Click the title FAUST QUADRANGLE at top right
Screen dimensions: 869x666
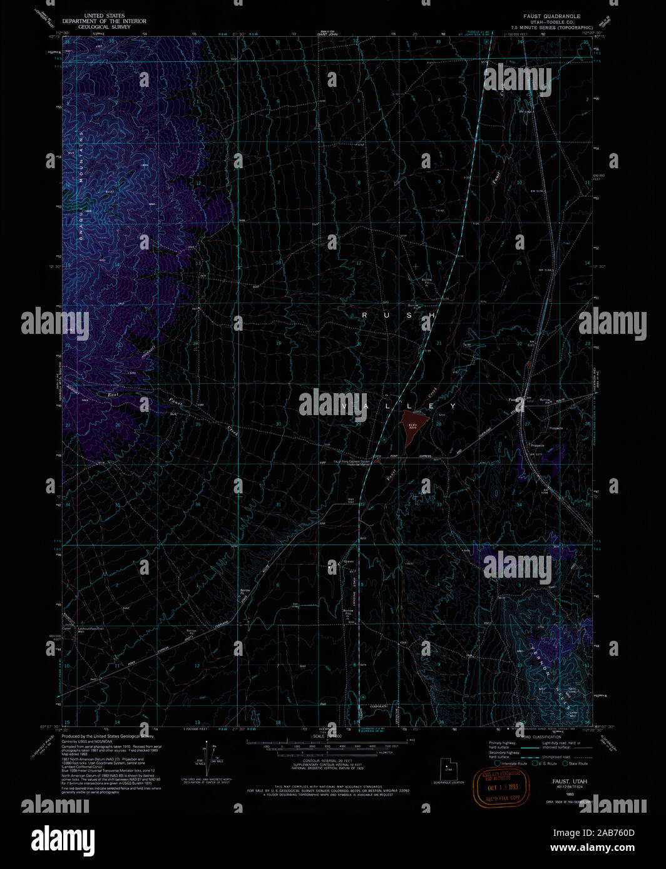tap(551, 16)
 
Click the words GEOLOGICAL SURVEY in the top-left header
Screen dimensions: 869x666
tap(104, 27)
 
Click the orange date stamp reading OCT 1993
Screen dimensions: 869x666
tap(501, 786)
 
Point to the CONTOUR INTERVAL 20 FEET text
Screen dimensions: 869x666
tap(329, 761)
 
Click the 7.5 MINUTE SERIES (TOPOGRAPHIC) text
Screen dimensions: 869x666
tap(551, 28)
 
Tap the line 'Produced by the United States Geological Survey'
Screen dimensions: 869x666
tap(107, 736)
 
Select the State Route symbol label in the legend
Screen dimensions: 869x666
tap(578, 763)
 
